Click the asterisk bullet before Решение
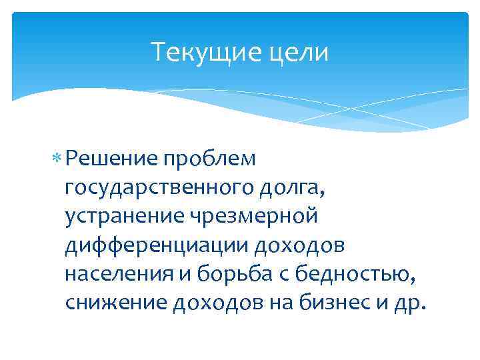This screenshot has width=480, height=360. (60, 158)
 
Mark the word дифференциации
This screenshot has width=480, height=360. (157, 245)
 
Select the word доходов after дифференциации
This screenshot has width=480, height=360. (300, 245)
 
